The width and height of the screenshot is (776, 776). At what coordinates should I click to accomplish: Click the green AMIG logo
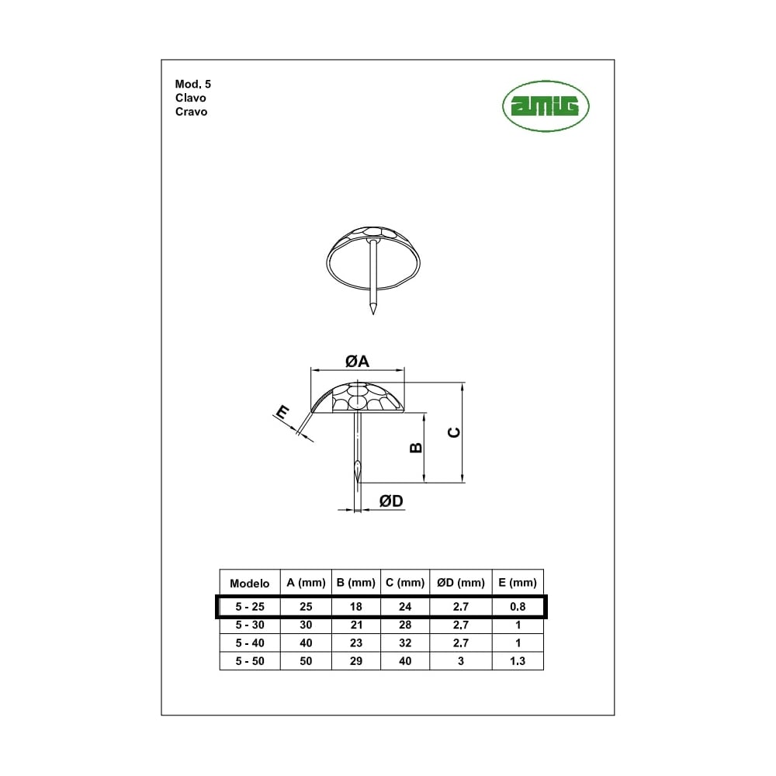546,106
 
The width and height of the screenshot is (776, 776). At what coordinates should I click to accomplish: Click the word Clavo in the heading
191,98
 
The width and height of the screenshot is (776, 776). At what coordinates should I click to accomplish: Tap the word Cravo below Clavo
191,112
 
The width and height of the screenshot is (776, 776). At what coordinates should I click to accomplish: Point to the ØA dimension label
357,362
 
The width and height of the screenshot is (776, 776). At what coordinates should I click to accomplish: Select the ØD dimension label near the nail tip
391,501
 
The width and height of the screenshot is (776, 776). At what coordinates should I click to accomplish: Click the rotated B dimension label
416,448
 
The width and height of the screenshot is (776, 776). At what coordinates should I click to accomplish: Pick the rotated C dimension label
454,432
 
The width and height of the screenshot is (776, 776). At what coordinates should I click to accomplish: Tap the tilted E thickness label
282,412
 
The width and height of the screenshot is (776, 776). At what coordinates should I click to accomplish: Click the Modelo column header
249,584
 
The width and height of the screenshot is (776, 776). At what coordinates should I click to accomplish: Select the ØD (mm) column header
461,583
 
